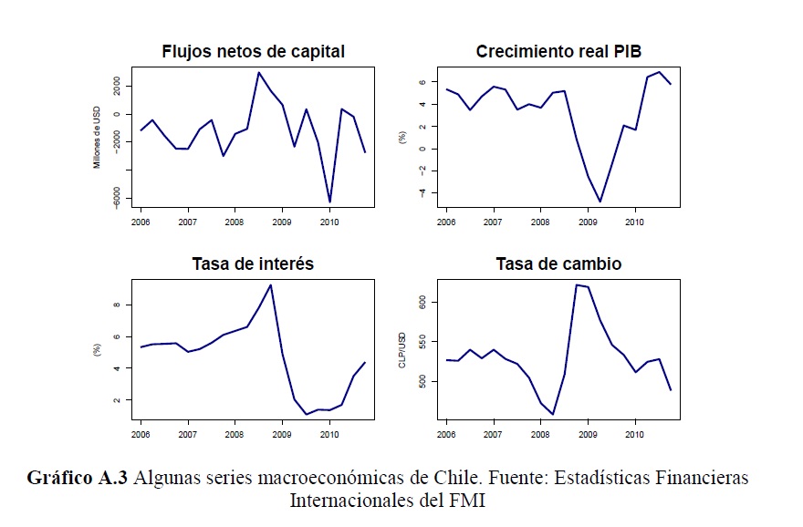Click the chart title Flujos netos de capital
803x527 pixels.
point(253,51)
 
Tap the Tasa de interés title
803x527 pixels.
point(253,264)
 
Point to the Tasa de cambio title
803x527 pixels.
point(558,264)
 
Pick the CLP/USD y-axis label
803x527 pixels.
point(401,351)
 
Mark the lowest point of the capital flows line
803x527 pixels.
point(329,201)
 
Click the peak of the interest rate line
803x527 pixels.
point(270,284)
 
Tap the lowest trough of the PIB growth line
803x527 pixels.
point(600,201)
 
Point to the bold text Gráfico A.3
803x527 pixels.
point(78,478)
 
